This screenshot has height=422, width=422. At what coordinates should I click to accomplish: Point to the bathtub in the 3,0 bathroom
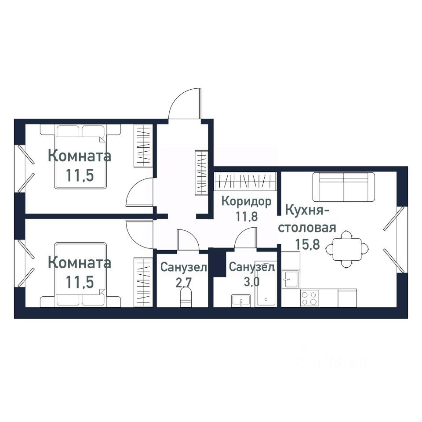[266, 286]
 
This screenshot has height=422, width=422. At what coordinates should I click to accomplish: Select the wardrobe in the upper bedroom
[143, 146]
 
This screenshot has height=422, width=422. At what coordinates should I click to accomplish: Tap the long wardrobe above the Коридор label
[245, 182]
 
